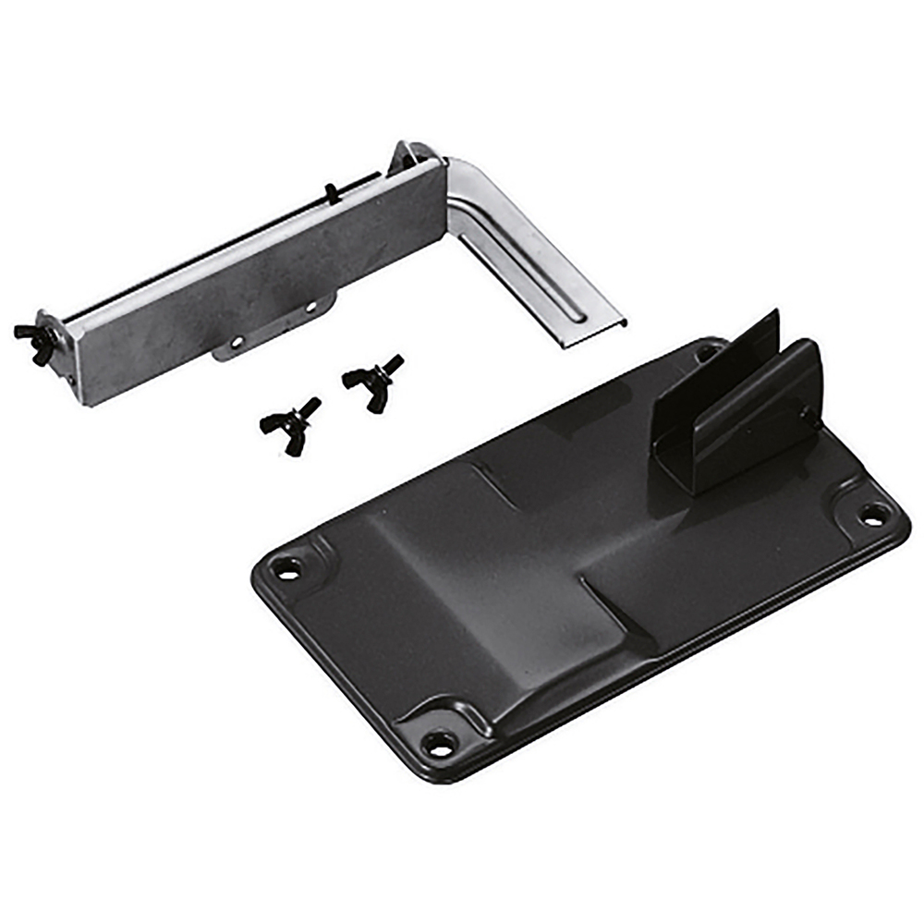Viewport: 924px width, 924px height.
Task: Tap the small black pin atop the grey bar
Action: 330,192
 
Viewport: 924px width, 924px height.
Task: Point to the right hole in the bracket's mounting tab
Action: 310,306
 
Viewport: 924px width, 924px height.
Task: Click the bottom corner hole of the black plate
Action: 437,742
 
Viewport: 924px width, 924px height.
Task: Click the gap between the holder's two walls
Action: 730,407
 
